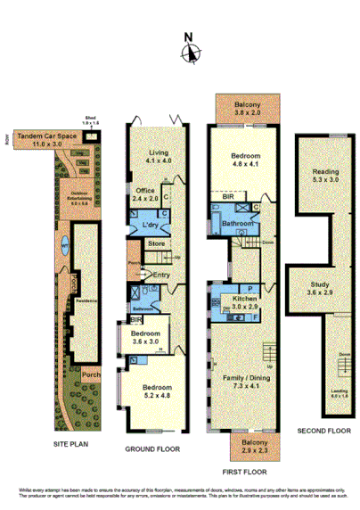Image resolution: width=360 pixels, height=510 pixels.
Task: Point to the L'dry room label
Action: tap(150, 225)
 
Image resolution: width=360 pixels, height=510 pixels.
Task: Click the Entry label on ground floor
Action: tap(160, 275)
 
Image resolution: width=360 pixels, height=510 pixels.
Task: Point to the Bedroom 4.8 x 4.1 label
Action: tap(243, 160)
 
